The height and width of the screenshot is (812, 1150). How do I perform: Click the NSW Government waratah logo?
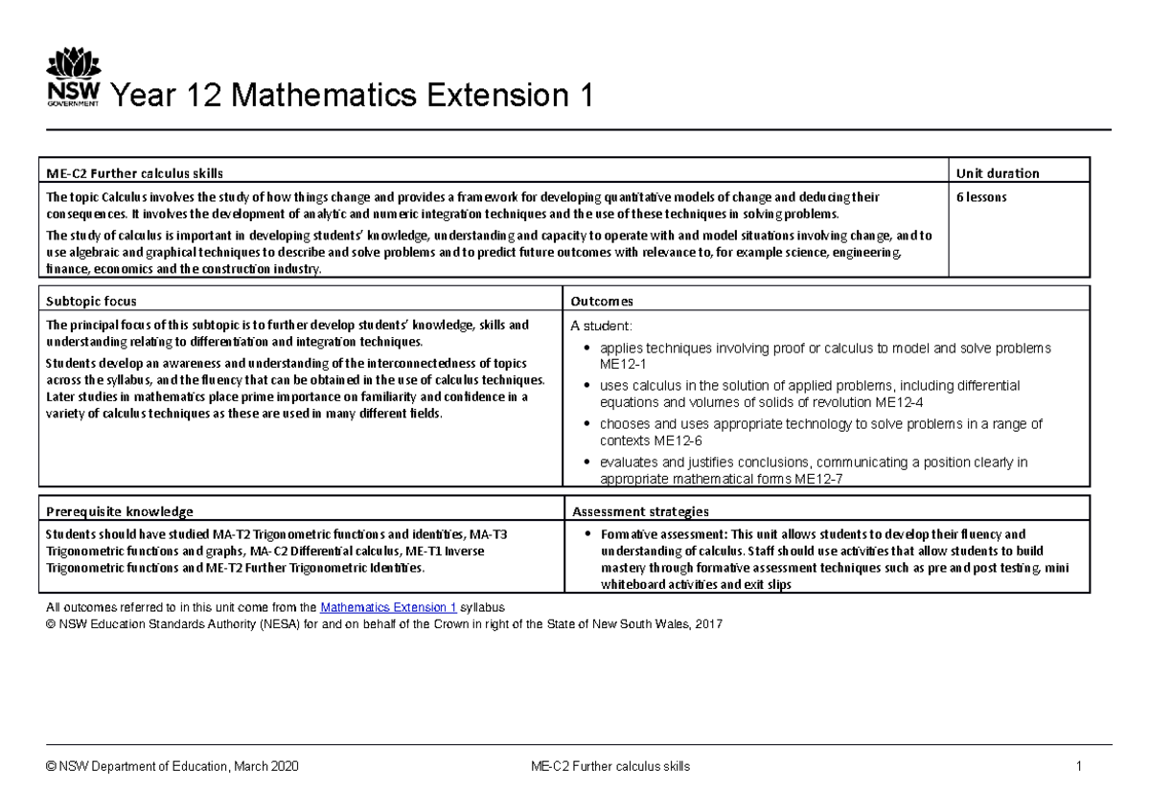pyautogui.click(x=73, y=79)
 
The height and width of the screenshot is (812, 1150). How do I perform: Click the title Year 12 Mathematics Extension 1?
pyautogui.click(x=352, y=97)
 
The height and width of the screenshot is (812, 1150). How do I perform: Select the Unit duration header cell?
pyautogui.click(x=997, y=173)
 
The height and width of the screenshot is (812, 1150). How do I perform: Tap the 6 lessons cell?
pyautogui.click(x=981, y=197)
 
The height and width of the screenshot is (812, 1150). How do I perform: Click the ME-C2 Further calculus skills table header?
pyautogui.click(x=134, y=173)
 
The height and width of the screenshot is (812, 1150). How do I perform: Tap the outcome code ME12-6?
pyautogui.click(x=678, y=441)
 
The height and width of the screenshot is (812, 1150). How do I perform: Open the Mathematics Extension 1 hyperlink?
pyautogui.click(x=388, y=608)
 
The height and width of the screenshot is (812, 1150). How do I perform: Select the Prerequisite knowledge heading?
pyautogui.click(x=120, y=511)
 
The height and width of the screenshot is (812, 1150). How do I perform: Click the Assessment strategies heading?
pyautogui.click(x=639, y=511)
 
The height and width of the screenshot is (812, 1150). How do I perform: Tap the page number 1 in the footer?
pyautogui.click(x=1078, y=767)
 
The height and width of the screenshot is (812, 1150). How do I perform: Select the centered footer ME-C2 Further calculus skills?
pyautogui.click(x=610, y=767)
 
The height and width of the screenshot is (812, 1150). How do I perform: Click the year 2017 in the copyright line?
pyautogui.click(x=708, y=624)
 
